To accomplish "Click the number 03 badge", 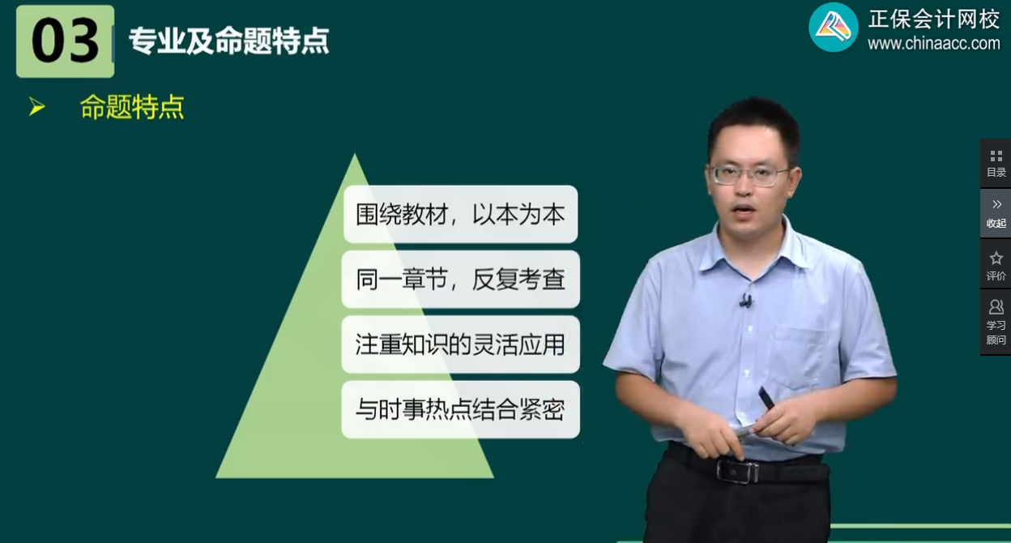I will pyautogui.click(x=65, y=41).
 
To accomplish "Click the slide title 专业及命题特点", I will pyautogui.click(x=228, y=41).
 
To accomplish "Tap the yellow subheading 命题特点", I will pyautogui.click(x=132, y=107).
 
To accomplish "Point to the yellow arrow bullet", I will pyautogui.click(x=36, y=106).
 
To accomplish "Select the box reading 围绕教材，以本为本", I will pyautogui.click(x=460, y=214).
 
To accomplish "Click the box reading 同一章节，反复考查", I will pyautogui.click(x=460, y=280).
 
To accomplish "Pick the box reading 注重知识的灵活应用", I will pyautogui.click(x=460, y=344).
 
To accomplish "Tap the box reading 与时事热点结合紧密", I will pyautogui.click(x=460, y=409).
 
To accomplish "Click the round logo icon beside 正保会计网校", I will pyautogui.click(x=834, y=28).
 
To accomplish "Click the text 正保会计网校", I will pyautogui.click(x=933, y=19).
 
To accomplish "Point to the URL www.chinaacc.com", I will pyautogui.click(x=933, y=44).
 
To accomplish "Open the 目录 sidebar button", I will pyautogui.click(x=996, y=163).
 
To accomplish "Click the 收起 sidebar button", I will pyautogui.click(x=996, y=213).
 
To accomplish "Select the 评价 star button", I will pyautogui.click(x=996, y=264).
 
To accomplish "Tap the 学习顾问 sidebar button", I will pyautogui.click(x=996, y=322).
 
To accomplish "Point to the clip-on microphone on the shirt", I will pyautogui.click(x=745, y=301).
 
